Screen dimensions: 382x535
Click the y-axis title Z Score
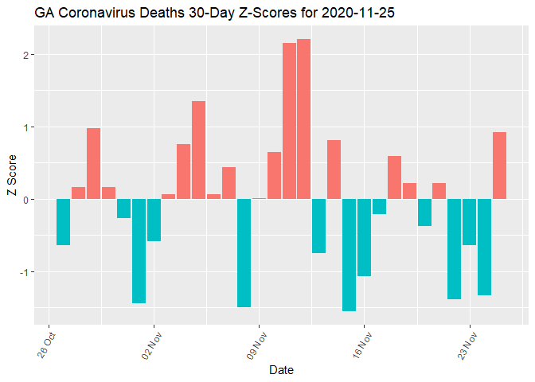[x=10, y=175]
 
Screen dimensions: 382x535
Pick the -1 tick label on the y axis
[x=25, y=272]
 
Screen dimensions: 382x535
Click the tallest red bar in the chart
[x=304, y=119]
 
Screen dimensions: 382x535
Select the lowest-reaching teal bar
[x=349, y=255]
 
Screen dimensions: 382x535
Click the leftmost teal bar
[x=63, y=222]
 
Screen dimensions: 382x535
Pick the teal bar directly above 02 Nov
[x=154, y=220]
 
